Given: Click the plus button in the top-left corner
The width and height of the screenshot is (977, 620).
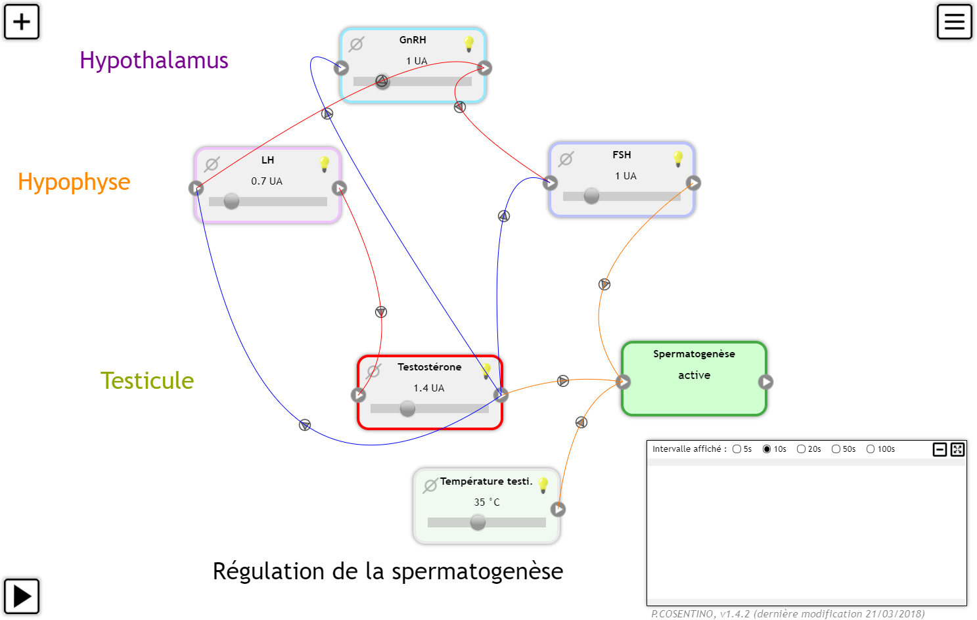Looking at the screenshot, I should [x=22, y=22].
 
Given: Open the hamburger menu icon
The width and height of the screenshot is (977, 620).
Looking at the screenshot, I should [x=954, y=22].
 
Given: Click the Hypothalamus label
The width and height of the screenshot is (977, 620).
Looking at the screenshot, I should [x=154, y=60].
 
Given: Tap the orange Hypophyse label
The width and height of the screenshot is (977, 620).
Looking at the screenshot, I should [x=74, y=182].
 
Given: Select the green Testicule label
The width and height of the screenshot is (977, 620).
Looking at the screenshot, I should [x=147, y=381].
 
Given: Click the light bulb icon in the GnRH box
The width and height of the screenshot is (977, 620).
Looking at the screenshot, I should [x=468, y=44].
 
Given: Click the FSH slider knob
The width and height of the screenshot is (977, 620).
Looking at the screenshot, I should [x=591, y=196].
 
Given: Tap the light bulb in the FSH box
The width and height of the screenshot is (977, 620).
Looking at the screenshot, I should [x=678, y=159].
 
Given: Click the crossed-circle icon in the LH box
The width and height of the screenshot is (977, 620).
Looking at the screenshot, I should [x=212, y=164].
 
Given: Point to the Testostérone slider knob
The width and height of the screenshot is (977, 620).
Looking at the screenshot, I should [x=407, y=409].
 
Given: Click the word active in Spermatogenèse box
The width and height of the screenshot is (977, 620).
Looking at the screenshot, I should [x=694, y=375].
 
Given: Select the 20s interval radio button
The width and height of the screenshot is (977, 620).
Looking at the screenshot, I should [x=801, y=449].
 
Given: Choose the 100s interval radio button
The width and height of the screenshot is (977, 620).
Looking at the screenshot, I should [x=871, y=449].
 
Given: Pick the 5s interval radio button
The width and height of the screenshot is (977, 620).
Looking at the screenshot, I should [x=737, y=449].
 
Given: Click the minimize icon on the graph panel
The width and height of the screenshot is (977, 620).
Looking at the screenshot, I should [x=940, y=449].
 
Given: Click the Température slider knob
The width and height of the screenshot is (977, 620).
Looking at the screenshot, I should [x=478, y=522].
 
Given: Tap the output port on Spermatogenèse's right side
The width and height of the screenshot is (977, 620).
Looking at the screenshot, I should [x=765, y=382].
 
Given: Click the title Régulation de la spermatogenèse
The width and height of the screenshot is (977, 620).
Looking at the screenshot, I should [x=388, y=571].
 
